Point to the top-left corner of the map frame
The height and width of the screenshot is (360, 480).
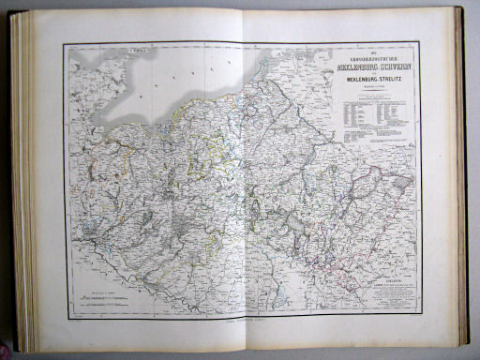pyautogui.click(x=65, y=45)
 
